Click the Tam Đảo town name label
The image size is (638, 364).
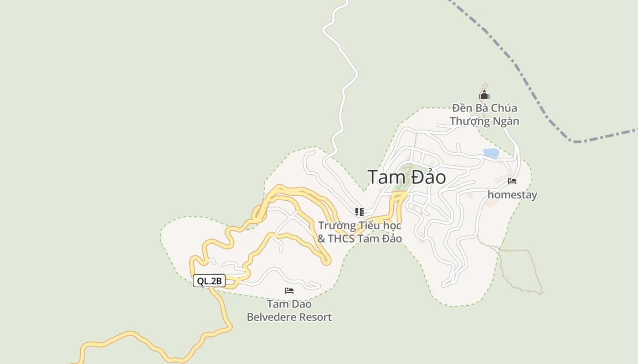406,177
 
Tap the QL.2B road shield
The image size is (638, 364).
209,281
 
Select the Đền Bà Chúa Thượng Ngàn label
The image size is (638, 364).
484,115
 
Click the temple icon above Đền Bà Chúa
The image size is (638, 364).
484,95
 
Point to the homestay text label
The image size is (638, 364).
512,195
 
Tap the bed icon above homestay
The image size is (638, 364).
512,181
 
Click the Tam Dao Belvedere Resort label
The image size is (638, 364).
289,310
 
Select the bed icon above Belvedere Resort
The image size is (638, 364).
289,290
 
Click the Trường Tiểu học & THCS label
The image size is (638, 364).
360,232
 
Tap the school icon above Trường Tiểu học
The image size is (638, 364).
360,212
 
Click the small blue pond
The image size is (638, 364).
491,153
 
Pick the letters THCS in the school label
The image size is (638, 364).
341,238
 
